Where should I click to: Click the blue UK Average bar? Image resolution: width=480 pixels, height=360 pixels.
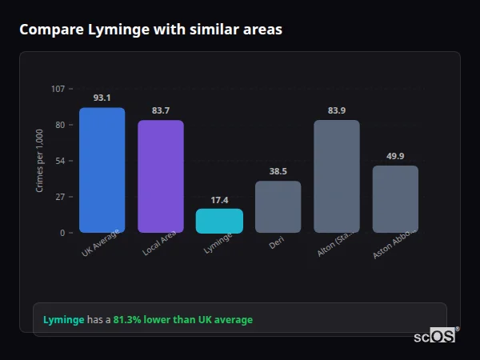pos(102,170)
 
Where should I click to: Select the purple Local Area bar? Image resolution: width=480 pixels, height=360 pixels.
pos(161,176)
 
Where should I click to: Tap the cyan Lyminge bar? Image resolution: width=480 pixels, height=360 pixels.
pos(219,221)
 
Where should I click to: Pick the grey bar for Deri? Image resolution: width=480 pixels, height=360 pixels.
pos(278,206)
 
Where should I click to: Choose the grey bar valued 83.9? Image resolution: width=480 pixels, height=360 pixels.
pos(337,176)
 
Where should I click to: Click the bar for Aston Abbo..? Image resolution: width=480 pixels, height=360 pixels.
pos(395,199)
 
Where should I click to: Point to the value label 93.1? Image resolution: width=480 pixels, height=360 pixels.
pos(102,98)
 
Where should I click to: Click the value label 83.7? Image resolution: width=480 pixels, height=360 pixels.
pos(161,110)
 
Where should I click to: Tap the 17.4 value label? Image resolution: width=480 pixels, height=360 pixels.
pos(219,199)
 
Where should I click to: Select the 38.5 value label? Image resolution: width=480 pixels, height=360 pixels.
pos(278,171)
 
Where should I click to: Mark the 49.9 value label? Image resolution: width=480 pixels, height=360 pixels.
pos(395,156)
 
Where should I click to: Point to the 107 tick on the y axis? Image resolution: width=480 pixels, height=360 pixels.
pos(58,89)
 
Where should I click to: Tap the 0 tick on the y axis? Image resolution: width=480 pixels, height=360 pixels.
pos(62,233)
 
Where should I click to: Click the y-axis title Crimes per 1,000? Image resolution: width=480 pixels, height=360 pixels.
pos(40,161)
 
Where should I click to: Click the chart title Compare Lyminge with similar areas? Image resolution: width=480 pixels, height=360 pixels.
pos(150,30)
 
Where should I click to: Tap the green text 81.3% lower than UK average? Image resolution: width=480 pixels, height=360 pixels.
pos(182,320)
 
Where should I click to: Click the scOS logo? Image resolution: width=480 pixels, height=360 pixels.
pos(435,337)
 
